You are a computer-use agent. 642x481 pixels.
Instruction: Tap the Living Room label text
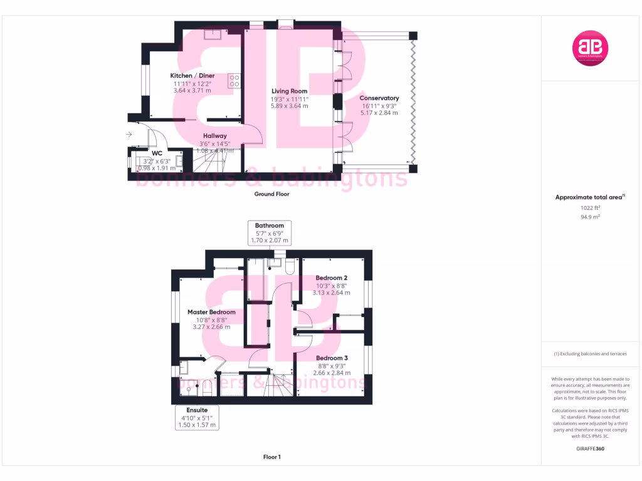[289, 91]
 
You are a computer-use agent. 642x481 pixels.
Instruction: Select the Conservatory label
[379, 98]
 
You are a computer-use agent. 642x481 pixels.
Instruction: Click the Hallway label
[215, 136]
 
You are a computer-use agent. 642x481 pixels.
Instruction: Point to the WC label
[157, 153]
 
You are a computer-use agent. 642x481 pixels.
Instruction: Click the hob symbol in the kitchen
[235, 80]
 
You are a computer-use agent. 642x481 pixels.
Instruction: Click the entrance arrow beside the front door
[129, 134]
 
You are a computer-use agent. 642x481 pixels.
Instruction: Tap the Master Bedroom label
[211, 312]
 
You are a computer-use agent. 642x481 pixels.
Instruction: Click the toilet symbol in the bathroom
[290, 267]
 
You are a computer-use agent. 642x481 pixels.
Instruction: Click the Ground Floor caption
[271, 194]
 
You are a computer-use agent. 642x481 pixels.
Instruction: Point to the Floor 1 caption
[271, 457]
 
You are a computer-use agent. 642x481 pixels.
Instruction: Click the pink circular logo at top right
[591, 47]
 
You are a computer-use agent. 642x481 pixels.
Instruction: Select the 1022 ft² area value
[590, 207]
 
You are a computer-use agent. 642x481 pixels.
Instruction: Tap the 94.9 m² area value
[590, 217]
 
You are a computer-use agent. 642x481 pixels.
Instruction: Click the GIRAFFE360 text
[590, 448]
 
